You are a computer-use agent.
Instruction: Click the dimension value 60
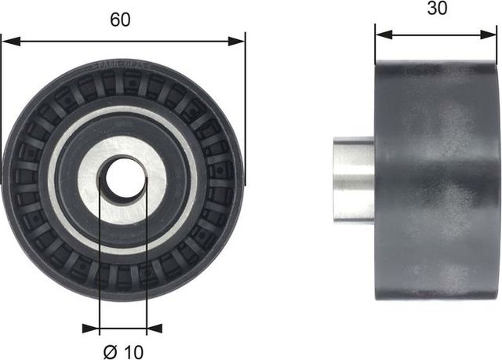120,21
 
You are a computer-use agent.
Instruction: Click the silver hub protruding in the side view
353,179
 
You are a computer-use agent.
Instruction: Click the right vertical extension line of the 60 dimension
246,110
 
